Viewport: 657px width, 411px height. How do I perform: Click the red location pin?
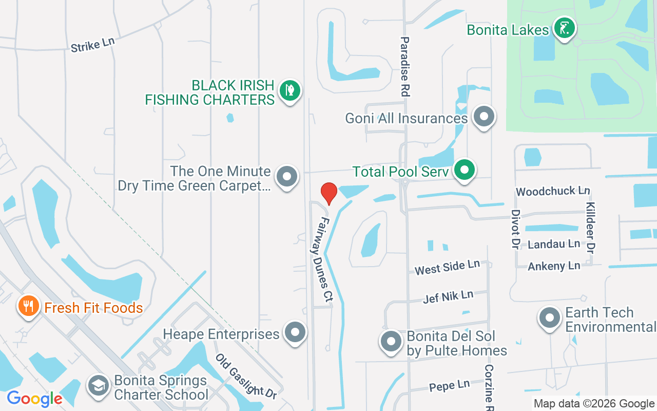point(328,193)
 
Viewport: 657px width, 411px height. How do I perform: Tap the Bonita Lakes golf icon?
point(564,28)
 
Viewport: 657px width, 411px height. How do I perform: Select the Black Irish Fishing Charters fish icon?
point(290,91)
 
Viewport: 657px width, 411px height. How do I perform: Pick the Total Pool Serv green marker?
point(465,170)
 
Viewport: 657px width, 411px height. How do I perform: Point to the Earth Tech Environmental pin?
point(550,317)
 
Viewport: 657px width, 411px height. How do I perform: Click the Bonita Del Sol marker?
point(391,341)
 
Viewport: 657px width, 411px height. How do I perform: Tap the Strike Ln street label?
point(93,44)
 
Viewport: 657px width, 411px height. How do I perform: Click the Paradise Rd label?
point(405,67)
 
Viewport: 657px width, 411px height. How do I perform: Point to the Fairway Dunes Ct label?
point(322,258)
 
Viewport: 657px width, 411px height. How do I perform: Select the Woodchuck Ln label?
point(552,191)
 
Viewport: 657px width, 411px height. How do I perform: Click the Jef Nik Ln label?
point(448,296)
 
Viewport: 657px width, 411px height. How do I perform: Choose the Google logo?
point(34,398)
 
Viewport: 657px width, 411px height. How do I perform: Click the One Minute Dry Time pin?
point(287,177)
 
